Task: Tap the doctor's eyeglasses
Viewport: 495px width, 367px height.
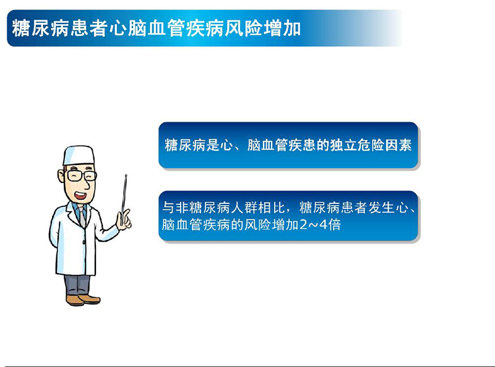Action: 81,175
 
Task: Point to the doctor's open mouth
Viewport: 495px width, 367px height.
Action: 80,190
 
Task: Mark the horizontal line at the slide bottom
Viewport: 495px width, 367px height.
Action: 247,365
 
